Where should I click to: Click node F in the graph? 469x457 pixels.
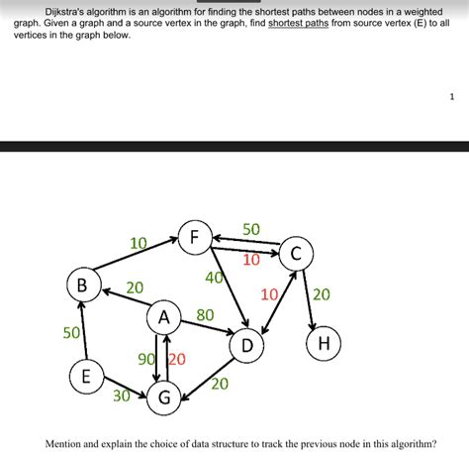[x=194, y=238]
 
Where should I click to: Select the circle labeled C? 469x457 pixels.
[x=295, y=254]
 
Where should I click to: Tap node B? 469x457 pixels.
[x=81, y=286]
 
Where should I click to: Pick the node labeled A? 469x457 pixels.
[x=163, y=319]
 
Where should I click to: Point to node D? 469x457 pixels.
[x=247, y=346]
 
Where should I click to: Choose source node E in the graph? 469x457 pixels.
[x=86, y=377]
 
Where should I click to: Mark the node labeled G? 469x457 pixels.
[x=165, y=398]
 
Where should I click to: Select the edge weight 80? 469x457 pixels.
[x=205, y=315]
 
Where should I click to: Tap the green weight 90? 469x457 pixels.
[x=145, y=360]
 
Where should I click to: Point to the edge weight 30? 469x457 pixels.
[x=121, y=395]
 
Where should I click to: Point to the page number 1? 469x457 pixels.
[x=451, y=97]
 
